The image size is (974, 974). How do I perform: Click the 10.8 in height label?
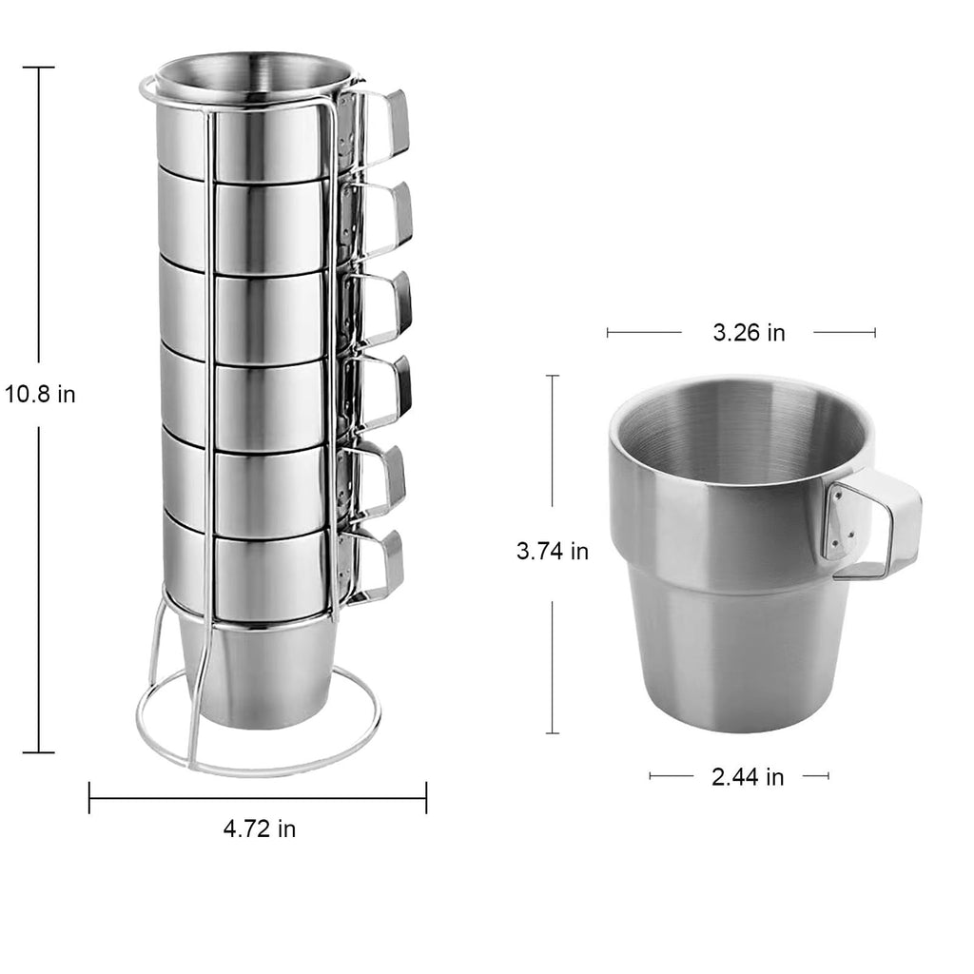40,395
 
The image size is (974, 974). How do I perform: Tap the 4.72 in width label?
260,828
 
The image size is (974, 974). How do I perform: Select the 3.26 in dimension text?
749,333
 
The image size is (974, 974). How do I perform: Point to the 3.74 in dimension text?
553,551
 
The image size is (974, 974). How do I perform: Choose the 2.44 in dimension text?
748,777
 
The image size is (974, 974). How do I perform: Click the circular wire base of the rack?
259,769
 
